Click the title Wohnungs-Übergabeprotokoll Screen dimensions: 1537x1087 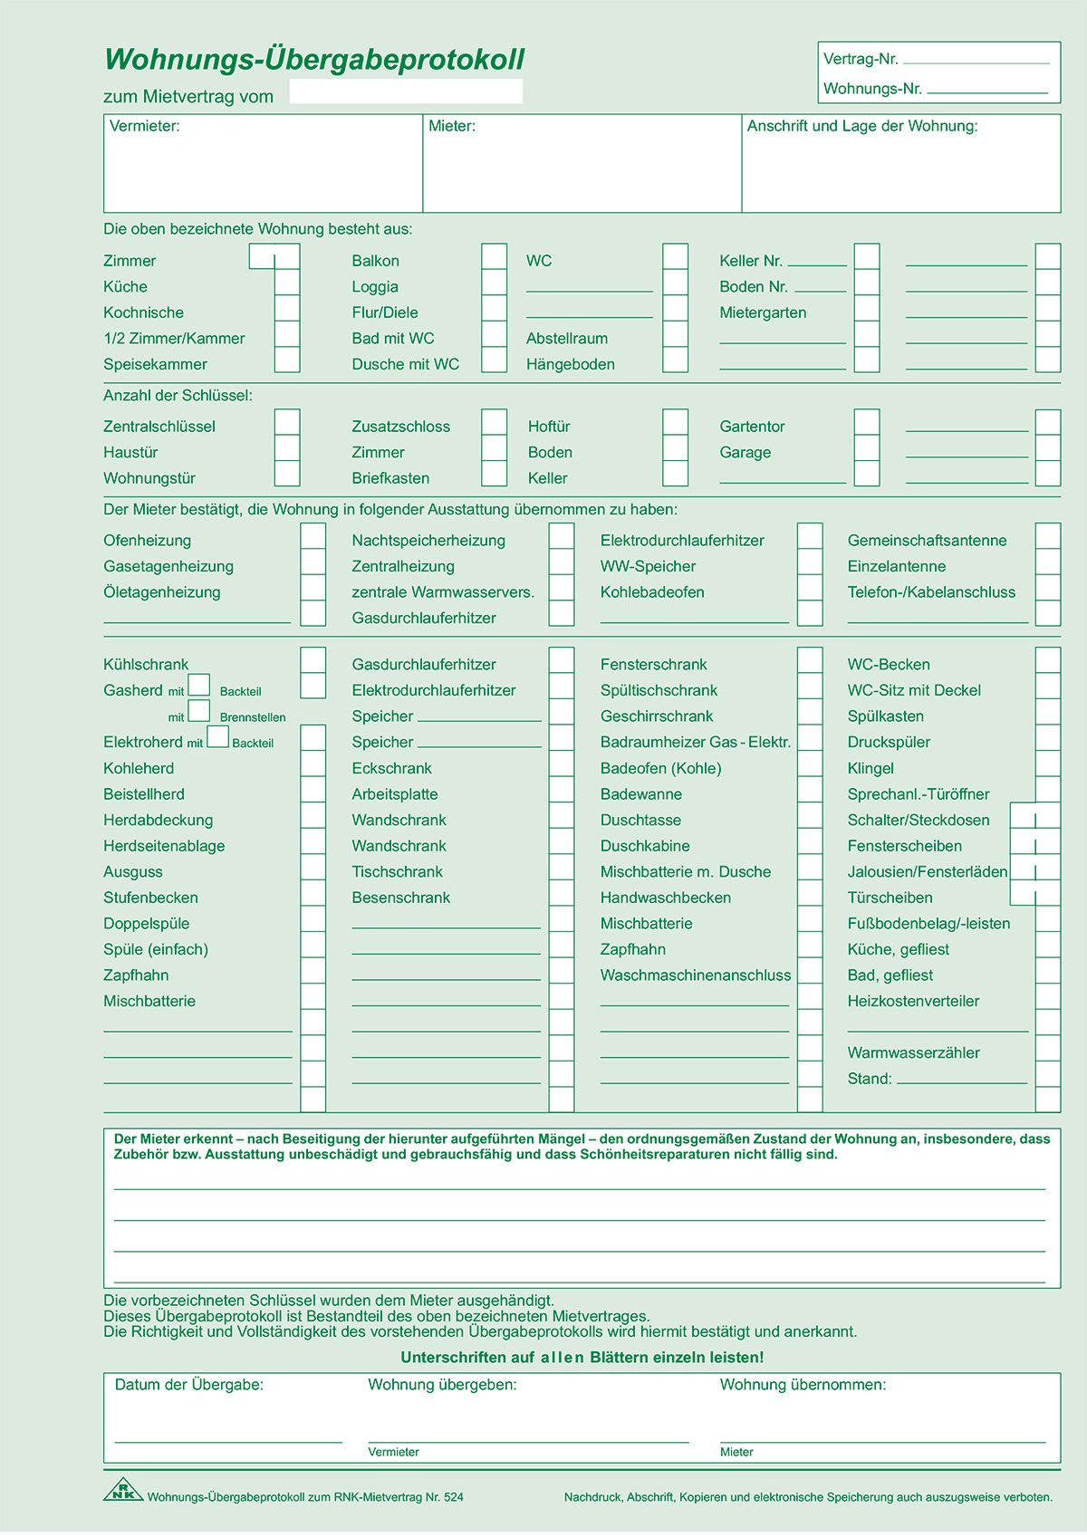314,60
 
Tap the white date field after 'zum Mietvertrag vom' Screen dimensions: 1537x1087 406,91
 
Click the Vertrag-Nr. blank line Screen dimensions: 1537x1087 976,62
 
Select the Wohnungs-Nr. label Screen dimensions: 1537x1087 871,89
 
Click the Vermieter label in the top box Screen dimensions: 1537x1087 145,127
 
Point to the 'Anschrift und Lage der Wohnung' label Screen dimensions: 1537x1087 861,127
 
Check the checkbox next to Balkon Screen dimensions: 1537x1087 494,257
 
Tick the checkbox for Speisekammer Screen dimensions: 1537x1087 287,360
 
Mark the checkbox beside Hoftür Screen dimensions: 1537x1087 675,423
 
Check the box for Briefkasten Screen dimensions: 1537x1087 494,475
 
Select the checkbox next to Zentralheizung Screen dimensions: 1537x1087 561,562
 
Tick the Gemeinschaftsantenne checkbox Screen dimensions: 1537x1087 1047,537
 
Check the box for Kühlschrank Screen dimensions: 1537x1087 313,660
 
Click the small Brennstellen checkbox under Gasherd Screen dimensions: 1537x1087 199,712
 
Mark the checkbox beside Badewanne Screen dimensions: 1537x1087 810,791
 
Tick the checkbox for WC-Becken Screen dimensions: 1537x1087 1047,660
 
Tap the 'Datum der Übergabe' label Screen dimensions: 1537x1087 188,1385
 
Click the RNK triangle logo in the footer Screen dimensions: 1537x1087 122,1490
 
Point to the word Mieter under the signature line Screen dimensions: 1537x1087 736,1452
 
